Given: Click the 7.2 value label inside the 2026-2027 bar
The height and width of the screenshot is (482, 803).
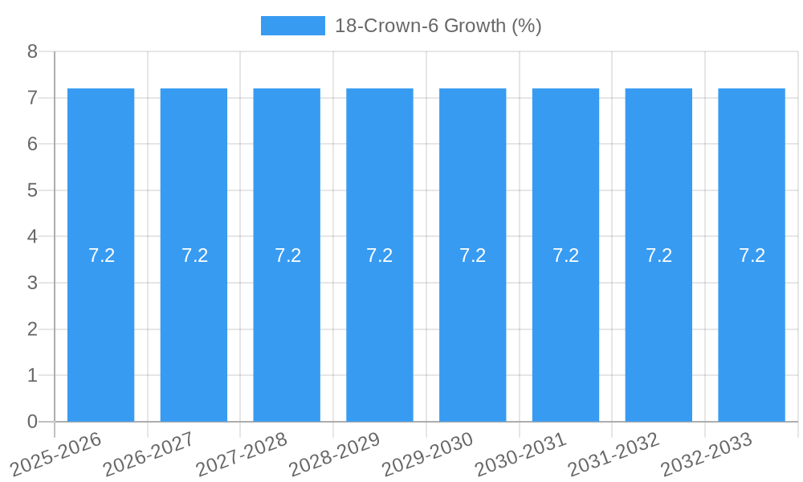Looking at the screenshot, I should click(194, 255).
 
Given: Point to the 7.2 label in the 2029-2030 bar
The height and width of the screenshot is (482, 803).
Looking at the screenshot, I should click(473, 255).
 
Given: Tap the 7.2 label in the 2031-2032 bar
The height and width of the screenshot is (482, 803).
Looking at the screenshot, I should click(658, 255).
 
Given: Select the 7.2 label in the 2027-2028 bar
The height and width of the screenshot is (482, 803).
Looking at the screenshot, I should click(287, 255).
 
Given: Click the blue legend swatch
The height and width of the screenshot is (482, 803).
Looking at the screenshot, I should click(292, 26).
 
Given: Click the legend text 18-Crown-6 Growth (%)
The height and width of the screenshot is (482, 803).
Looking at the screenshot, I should click(438, 26).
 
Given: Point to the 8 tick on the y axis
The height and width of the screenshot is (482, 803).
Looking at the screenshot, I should click(32, 52).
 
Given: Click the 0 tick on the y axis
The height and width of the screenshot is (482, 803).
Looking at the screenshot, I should click(32, 422).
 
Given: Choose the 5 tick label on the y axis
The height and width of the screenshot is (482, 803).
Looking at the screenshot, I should click(32, 191).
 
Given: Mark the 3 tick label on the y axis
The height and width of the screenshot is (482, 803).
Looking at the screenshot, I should click(32, 284).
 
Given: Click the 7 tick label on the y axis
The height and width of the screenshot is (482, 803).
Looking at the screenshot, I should click(32, 98).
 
